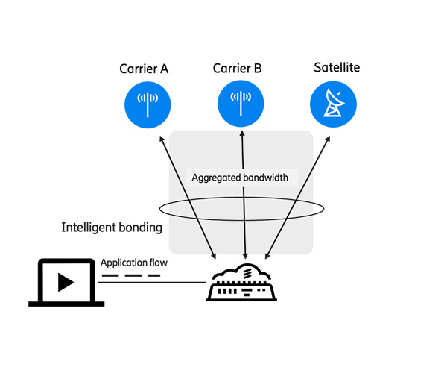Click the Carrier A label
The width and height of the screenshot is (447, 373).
tap(144, 69)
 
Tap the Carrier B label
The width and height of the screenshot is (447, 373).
tap(237, 69)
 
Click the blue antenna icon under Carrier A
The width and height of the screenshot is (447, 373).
tap(148, 104)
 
